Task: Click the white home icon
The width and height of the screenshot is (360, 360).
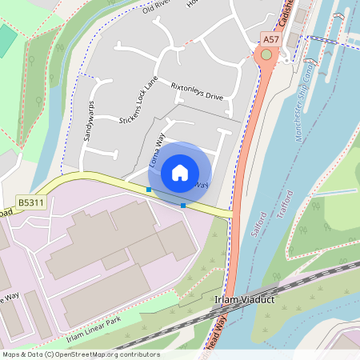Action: click(180, 172)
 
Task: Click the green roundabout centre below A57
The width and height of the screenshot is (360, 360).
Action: click(266, 55)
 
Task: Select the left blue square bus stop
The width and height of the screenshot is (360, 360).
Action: click(149, 190)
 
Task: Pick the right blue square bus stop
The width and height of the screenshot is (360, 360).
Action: click(183, 206)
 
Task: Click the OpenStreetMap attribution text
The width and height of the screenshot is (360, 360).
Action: click(80, 354)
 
